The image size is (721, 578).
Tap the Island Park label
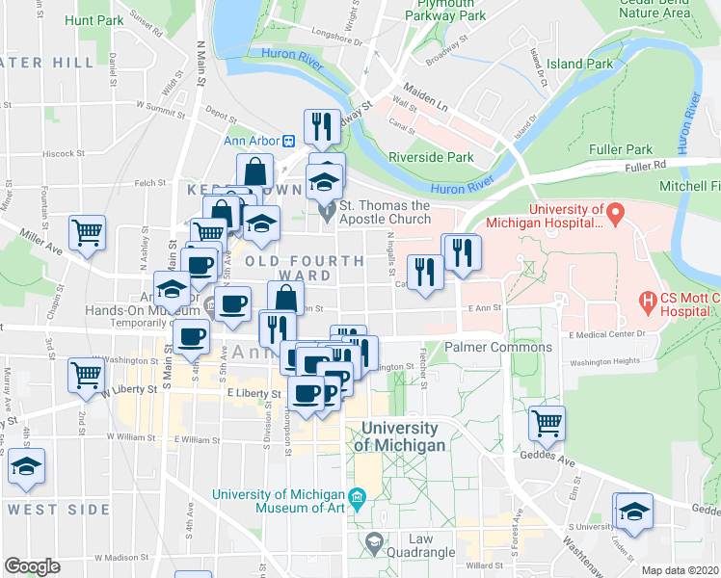tap(579, 65)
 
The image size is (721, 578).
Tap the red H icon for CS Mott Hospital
tap(649, 303)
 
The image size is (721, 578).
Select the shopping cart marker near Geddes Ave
tap(547, 423)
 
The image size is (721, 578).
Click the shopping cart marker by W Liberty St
tap(85, 375)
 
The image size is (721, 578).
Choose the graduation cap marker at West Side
tap(24, 467)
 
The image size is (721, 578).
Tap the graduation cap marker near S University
tap(634, 511)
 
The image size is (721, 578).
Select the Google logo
tap(32, 566)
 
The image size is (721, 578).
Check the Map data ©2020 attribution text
tap(680, 570)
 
